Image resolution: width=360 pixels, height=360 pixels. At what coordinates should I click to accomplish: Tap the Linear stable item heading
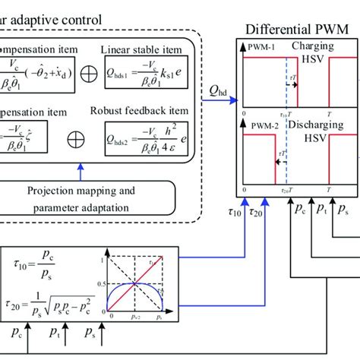(x=143, y=49)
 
